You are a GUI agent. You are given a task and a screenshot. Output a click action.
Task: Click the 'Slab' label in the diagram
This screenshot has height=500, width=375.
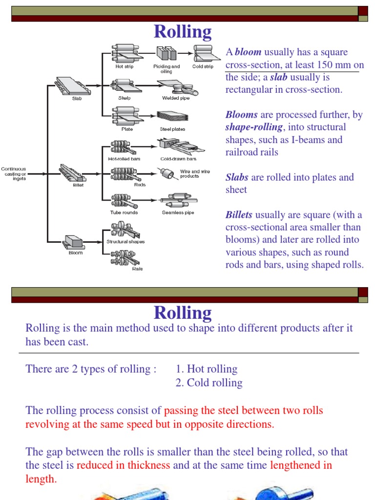pyautogui.click(x=77, y=98)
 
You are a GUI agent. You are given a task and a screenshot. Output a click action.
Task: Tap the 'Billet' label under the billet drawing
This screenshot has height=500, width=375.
pyautogui.click(x=78, y=185)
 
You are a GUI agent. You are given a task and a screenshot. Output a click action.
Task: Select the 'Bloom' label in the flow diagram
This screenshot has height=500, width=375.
pyautogui.click(x=76, y=252)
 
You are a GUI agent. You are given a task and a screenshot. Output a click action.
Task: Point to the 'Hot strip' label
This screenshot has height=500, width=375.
pyautogui.click(x=124, y=66)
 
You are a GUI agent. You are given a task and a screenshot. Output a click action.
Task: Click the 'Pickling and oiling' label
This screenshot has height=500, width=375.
pyautogui.click(x=167, y=69)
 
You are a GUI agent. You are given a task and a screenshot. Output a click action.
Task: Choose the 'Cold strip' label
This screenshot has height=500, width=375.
pyautogui.click(x=203, y=66)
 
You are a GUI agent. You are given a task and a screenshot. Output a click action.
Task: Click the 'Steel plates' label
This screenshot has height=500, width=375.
pyautogui.click(x=172, y=129)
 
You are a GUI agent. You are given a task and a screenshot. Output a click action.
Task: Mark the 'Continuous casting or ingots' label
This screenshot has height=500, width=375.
pyautogui.click(x=13, y=174)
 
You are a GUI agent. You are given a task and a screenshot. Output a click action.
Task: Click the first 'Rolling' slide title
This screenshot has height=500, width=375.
pyautogui.click(x=183, y=32)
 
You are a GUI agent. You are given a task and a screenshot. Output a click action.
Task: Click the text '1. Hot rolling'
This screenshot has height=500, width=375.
pyautogui.click(x=207, y=369)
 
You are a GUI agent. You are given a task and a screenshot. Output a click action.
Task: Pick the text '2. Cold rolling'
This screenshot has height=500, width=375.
pyautogui.click(x=209, y=383)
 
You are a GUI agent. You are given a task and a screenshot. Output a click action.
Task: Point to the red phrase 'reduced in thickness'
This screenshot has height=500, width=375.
pyautogui.click(x=124, y=465)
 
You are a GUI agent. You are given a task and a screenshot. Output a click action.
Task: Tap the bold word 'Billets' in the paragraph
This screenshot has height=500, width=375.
pyautogui.click(x=239, y=215)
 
